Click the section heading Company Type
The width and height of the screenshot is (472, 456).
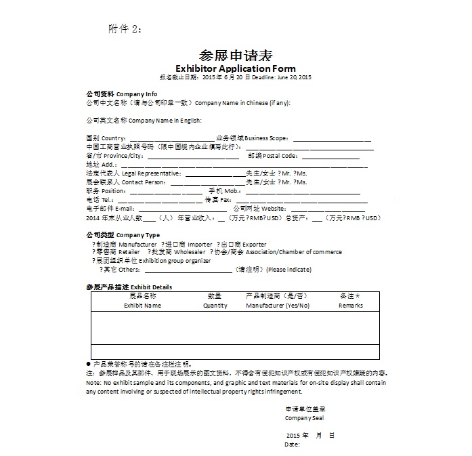138,235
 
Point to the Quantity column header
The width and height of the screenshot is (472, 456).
215,306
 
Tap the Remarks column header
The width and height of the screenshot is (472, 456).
350,306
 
